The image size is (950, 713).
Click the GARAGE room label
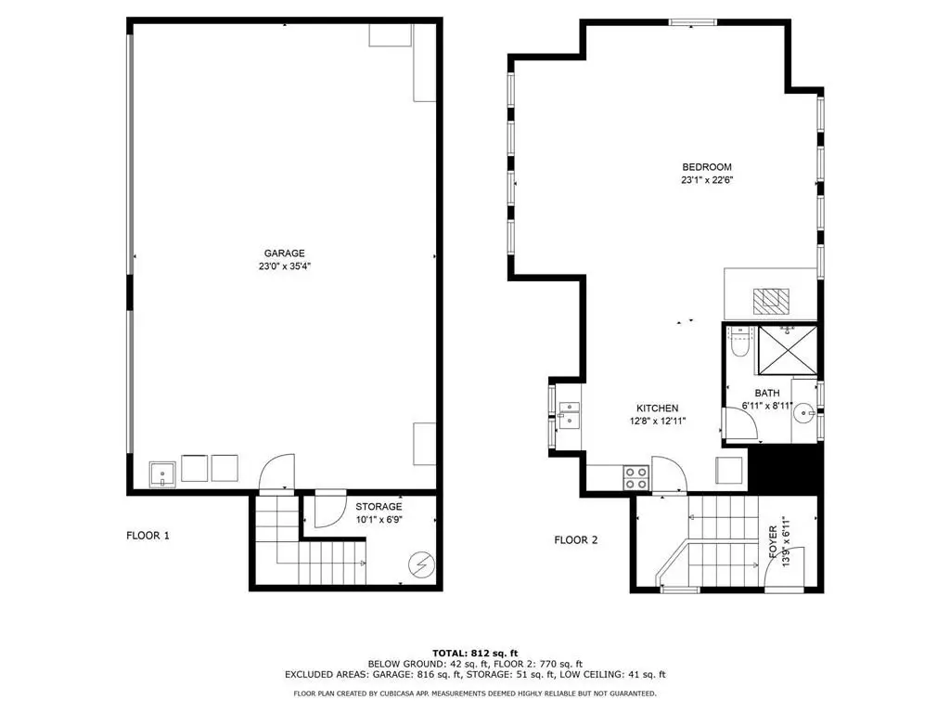284,253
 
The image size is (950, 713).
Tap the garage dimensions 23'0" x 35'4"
284,266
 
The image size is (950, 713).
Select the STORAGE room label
379,507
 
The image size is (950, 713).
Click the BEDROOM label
706,167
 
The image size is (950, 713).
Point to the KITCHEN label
658,408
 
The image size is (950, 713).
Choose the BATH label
767,394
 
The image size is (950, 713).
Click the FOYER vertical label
773,542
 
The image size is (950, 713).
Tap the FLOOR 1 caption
148,536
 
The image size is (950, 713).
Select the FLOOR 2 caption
576,539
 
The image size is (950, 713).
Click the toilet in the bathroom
740,342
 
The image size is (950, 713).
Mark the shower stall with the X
787,350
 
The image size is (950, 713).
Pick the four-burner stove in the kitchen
636,478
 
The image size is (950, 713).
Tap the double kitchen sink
569,415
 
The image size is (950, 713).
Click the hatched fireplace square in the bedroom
771,301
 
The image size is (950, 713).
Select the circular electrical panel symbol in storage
421,565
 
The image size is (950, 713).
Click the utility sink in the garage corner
162,474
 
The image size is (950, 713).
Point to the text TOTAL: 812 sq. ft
475,653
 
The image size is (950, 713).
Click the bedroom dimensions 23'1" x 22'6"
707,180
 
